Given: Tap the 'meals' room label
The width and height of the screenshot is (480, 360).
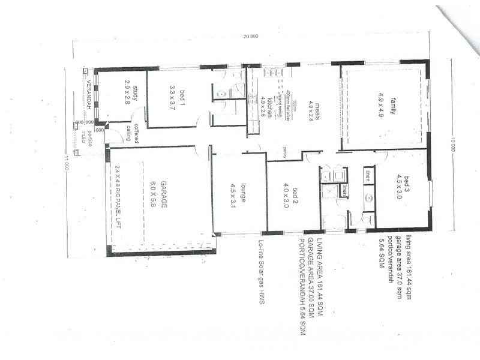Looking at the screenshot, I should pyautogui.click(x=314, y=109).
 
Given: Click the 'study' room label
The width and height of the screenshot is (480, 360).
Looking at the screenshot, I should pyautogui.click(x=136, y=94).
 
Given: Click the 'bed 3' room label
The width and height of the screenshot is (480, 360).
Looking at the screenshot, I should pyautogui.click(x=406, y=184).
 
